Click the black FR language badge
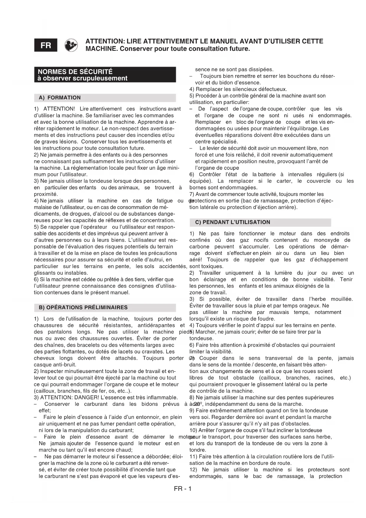[46, 45]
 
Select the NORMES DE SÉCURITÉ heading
[75, 71]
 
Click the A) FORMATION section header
[60, 98]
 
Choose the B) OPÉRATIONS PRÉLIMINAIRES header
[83, 307]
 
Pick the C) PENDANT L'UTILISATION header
[233, 222]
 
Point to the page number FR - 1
[183, 489]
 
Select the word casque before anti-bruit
[42, 365]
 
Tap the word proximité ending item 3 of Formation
[46, 194]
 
